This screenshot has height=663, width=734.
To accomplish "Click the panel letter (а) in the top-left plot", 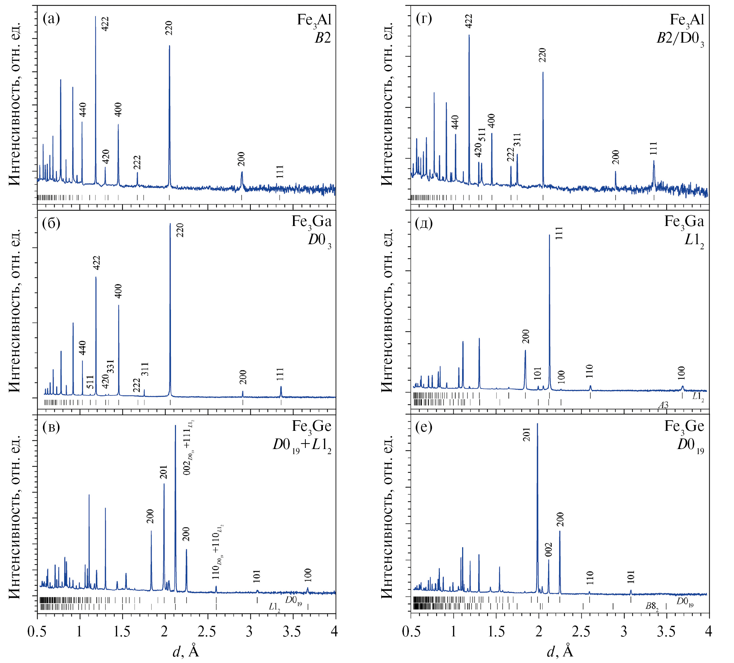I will click(x=51, y=18).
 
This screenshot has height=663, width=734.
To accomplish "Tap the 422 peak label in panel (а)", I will click(x=105, y=24).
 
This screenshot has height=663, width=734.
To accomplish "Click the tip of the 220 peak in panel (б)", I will click(x=170, y=224).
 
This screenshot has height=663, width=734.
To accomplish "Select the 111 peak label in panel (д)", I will click(x=559, y=233).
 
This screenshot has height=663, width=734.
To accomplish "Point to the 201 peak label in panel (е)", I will click(x=527, y=434).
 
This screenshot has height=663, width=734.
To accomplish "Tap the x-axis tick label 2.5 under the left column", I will click(x=207, y=631).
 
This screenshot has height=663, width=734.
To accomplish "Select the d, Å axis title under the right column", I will click(x=560, y=651).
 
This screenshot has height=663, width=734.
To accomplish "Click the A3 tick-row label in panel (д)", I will click(x=663, y=405).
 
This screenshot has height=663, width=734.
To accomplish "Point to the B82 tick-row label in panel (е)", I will click(x=652, y=607).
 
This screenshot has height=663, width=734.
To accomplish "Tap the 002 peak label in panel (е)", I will click(x=548, y=550).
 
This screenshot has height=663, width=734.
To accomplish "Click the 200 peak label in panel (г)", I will click(x=616, y=157).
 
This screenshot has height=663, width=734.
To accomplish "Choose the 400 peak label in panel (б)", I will click(x=118, y=291).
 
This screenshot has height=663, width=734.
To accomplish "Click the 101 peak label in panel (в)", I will click(x=257, y=576).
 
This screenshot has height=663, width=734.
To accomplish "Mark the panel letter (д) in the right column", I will click(x=423, y=223).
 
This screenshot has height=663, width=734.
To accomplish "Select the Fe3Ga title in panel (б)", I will click(x=312, y=222).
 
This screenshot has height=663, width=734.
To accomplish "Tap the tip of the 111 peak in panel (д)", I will click(x=550, y=235).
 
